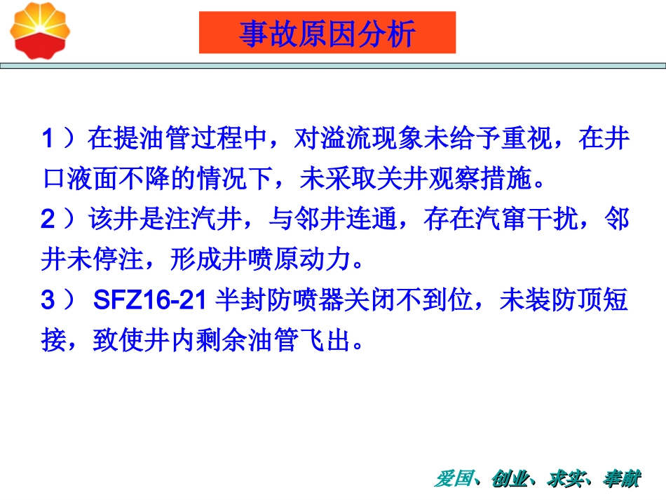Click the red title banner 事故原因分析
pyautogui.click(x=327, y=33)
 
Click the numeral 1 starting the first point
pyautogui.click(x=48, y=139)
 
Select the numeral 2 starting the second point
pyautogui.click(x=48, y=220)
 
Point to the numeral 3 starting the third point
pyautogui.click(x=48, y=302)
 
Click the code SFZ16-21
pyautogui.click(x=149, y=302)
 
